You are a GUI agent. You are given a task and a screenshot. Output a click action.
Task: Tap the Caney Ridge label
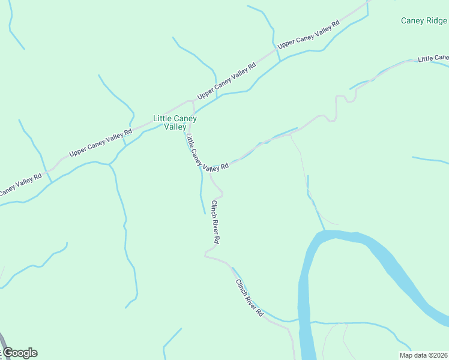click(424, 21)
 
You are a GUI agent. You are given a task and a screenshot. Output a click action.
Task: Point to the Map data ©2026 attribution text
click(423, 355)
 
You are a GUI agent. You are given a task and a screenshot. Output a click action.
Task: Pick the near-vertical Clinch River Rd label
click(215, 221)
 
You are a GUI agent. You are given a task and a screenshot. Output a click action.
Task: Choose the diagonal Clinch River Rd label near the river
click(249, 298)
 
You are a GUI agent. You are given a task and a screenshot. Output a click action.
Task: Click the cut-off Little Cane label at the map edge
click(433, 58)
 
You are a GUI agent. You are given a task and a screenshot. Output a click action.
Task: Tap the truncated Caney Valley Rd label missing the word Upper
click(20, 184)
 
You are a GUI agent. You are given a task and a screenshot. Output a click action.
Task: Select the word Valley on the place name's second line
click(175, 127)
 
